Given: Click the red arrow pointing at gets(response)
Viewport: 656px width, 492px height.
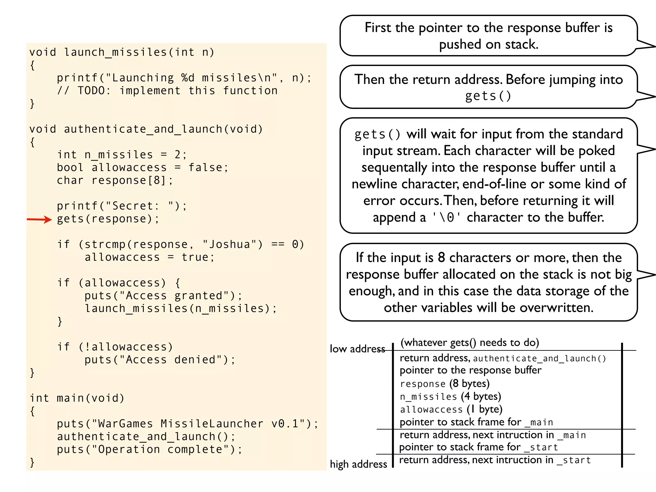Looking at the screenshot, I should click(39, 219).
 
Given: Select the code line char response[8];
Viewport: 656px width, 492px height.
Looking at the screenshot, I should click(115, 180).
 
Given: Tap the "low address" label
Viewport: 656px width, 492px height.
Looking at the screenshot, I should click(357, 349).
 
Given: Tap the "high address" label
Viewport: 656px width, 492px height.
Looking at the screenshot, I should click(358, 464).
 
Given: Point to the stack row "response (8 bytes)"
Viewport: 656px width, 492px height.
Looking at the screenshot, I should click(445, 384).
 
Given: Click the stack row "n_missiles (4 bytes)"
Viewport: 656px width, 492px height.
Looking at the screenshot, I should click(450, 397).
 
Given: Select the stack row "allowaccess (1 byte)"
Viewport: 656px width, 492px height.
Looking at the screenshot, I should click(451, 409).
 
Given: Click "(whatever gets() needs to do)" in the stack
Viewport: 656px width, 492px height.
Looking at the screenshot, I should click(470, 342).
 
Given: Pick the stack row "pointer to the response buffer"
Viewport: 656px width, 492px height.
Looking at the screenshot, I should click(470, 370).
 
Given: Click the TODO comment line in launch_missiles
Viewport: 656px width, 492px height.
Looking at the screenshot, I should click(167, 91).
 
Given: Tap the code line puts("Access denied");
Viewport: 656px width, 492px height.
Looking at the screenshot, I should click(160, 360).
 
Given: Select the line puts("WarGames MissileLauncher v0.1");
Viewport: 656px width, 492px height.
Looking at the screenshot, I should click(187, 424).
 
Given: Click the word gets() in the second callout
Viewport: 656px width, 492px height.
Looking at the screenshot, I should click(488, 96).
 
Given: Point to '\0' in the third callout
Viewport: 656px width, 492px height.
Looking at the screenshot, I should click(447, 217).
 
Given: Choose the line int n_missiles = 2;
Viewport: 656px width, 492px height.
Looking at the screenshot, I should click(122, 155).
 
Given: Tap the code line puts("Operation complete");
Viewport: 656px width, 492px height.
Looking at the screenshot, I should click(150, 449).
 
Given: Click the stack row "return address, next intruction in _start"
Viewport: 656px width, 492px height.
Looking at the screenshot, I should click(495, 460).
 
